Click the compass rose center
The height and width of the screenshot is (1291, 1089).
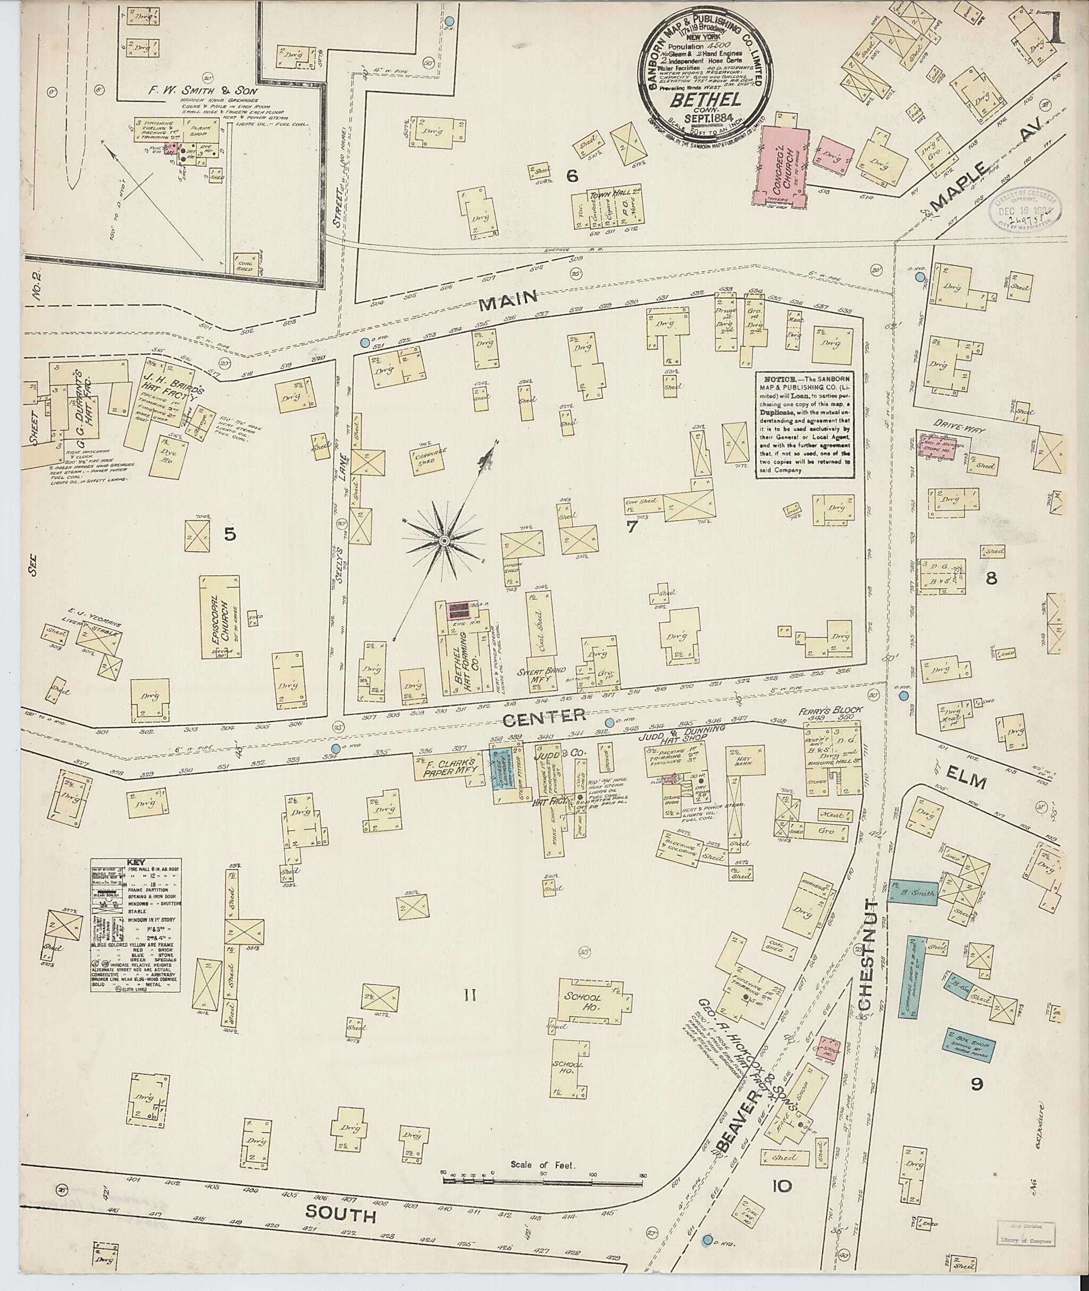tap(443, 541)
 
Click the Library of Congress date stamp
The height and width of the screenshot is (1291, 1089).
tap(1025, 211)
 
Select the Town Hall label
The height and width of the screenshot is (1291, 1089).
tap(608, 195)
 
